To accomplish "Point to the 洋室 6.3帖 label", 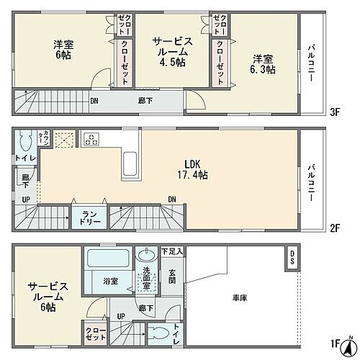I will tap(264, 64).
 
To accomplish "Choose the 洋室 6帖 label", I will tap(62, 50).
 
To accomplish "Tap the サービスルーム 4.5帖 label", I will tap(170, 53).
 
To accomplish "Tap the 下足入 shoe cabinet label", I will tap(172, 251).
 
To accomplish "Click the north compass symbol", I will tap(349, 341).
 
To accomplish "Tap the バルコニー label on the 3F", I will tap(311, 65).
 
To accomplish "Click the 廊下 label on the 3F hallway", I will tap(145, 101).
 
